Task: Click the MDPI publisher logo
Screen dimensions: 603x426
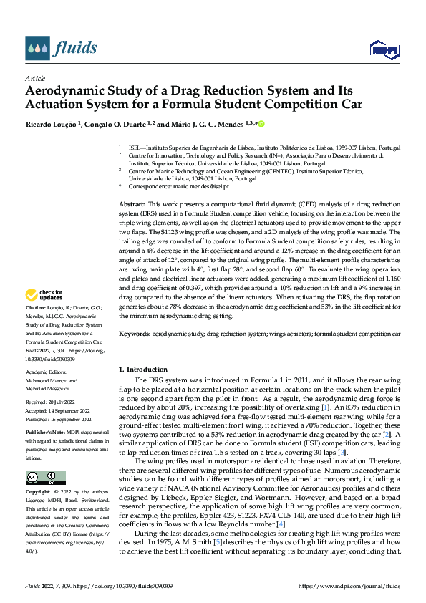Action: pos(383,49)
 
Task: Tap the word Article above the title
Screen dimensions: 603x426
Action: pos(35,78)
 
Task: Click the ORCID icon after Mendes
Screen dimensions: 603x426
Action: pos(261,124)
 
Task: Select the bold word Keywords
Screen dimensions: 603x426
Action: pos(134,334)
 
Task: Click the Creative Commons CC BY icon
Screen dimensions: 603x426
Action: pos(45,477)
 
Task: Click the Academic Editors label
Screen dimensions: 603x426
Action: pos(46,372)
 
